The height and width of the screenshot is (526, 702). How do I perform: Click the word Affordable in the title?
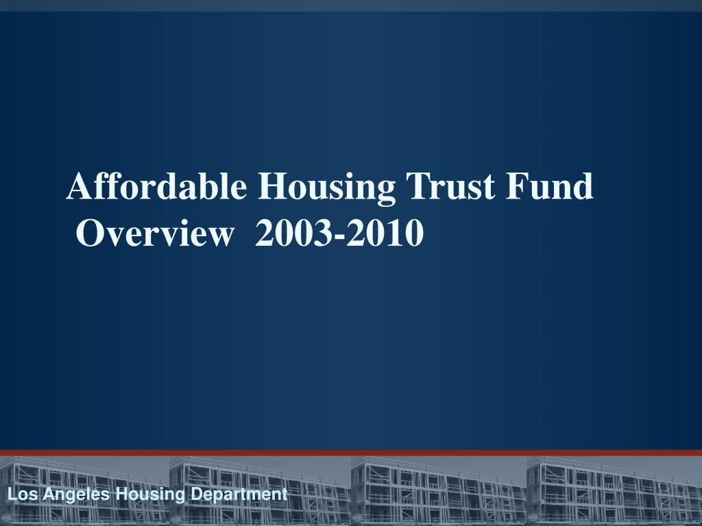pos(156,187)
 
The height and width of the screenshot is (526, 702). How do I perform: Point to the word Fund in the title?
pos(550,187)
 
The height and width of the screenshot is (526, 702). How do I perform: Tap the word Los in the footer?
pos(19,494)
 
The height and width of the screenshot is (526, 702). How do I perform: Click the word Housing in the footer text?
pos(141,494)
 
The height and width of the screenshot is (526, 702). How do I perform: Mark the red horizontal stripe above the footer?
pos(351,453)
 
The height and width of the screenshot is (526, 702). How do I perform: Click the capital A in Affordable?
pos(79,187)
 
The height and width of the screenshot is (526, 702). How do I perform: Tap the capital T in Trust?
pos(417,187)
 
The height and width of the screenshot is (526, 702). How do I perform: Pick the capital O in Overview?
pos(90,234)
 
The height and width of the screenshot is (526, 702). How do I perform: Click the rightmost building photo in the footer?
pos(614,490)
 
